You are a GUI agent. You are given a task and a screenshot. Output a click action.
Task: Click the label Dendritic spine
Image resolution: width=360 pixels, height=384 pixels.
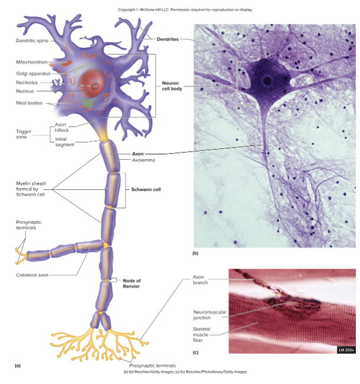[x=32, y=40]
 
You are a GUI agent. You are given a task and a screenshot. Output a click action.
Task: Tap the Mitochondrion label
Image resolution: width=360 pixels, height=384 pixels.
[x=31, y=62]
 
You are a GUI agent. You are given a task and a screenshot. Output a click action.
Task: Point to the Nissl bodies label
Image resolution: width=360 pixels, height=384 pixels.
[x=28, y=102]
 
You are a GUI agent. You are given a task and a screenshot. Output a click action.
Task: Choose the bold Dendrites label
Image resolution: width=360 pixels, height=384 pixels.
[x=168, y=39]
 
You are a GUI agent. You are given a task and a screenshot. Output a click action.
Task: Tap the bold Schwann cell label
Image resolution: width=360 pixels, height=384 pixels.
[x=147, y=189]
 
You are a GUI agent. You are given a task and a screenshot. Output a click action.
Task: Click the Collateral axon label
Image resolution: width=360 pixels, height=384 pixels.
[x=33, y=275]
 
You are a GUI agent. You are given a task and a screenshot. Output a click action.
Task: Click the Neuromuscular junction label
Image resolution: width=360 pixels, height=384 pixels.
[x=207, y=314]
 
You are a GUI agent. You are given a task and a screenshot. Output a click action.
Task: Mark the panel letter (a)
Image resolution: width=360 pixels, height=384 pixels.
[x=18, y=365]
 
